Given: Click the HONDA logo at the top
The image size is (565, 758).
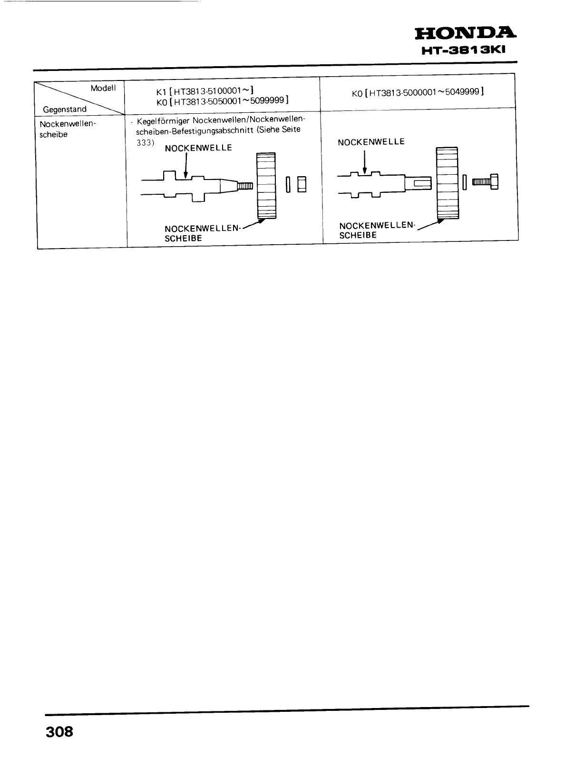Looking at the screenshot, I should tap(465, 33).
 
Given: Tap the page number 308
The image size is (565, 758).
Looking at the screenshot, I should tap(59, 731).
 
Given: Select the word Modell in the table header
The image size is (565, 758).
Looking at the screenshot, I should tap(103, 89).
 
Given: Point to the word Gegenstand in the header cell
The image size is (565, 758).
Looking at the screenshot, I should tap(65, 109).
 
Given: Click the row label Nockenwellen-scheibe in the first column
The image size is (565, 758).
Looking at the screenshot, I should tap(68, 129).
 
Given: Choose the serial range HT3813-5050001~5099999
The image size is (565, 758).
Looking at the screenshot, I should tap(228, 101).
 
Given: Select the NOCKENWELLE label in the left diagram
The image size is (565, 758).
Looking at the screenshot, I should tap(198, 148).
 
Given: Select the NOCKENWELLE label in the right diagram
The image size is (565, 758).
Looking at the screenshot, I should tap(371, 142).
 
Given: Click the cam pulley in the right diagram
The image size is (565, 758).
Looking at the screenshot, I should tap(447, 183).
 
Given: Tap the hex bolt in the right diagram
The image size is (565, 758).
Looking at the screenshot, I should tap(485, 181).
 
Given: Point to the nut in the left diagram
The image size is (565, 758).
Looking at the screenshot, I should tap(302, 184).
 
